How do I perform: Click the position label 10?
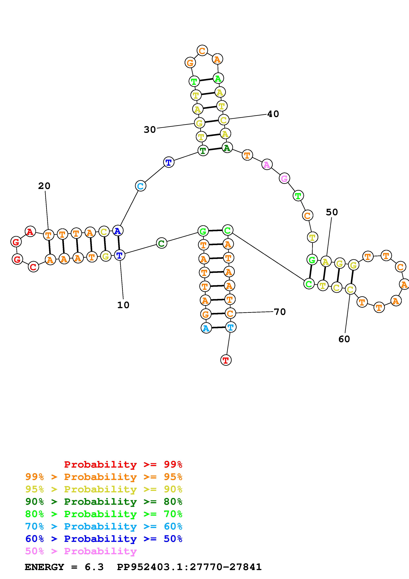click(123, 305)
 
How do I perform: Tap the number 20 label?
click(44, 186)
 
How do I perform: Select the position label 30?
click(150, 130)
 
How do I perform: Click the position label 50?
click(332, 212)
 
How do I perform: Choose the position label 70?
click(280, 312)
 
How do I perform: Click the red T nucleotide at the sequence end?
click(226, 360)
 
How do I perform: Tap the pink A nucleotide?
click(267, 165)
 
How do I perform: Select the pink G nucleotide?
click(284, 179)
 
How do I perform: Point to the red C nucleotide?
click(33, 267)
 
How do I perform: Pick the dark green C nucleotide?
click(162, 243)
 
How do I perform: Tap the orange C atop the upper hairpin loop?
click(202, 51)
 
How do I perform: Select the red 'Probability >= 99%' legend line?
click(123, 464)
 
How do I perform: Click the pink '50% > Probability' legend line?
click(81, 551)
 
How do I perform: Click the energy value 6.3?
click(94, 567)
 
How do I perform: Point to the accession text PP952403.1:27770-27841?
click(189, 567)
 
